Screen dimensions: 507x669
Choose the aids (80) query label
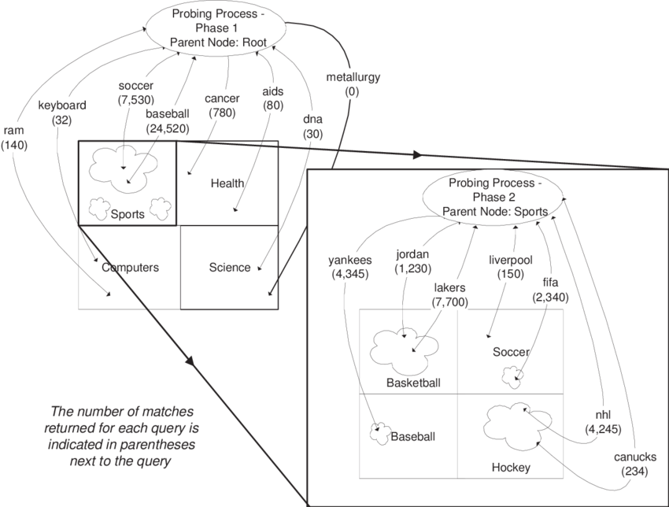click(272, 98)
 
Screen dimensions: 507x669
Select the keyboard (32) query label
click(61, 112)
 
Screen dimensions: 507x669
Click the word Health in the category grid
click(227, 183)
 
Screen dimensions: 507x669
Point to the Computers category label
click(130, 267)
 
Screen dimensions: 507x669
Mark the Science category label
click(230, 267)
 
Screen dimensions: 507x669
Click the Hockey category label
click(511, 468)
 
